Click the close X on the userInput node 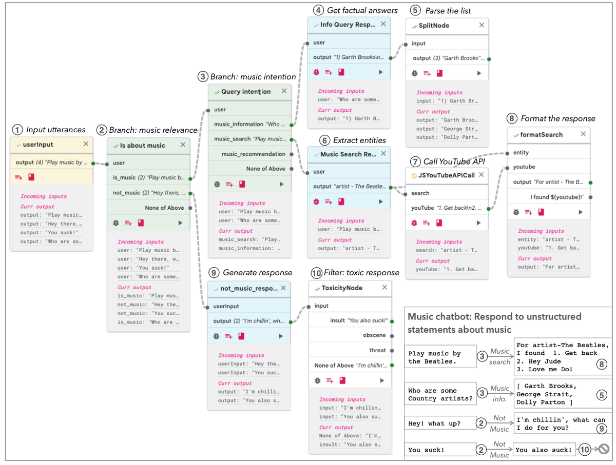(x=86, y=145)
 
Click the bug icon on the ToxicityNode (x=317, y=380)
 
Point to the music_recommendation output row (x=254, y=154)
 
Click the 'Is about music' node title (x=142, y=145)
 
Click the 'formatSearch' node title (x=541, y=134)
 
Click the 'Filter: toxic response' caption (x=365, y=272)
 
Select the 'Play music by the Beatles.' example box (x=440, y=357)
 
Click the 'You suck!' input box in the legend (x=440, y=450)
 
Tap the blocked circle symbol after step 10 (x=603, y=450)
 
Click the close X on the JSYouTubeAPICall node (x=481, y=175)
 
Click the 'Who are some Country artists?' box (x=440, y=394)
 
